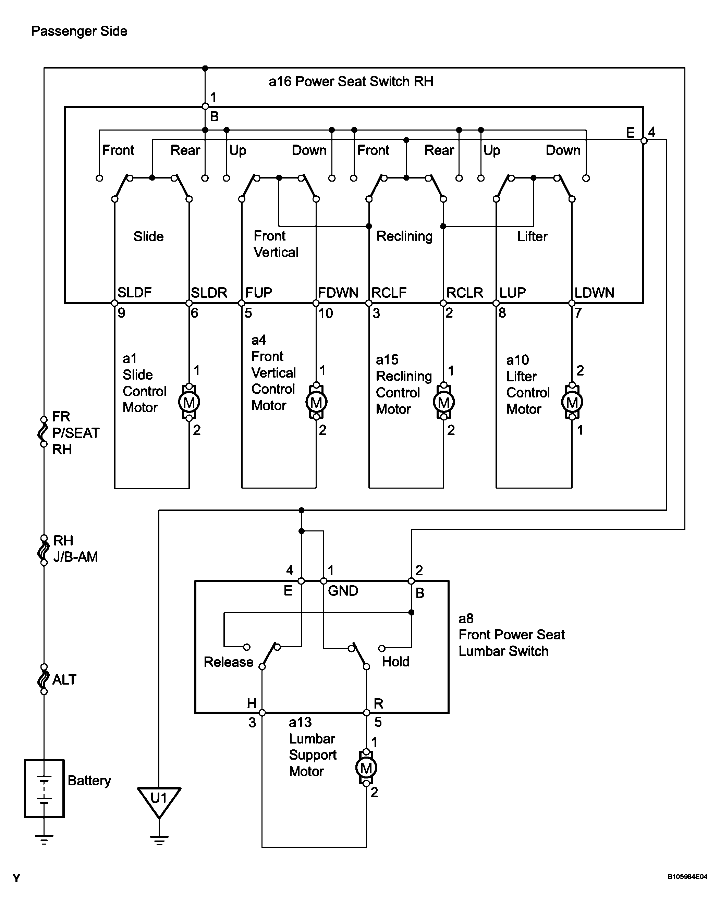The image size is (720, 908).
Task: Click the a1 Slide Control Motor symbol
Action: pyautogui.click(x=189, y=402)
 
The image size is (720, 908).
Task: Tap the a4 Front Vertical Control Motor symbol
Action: pyautogui.click(x=316, y=402)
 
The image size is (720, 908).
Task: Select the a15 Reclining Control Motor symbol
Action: pyautogui.click(x=444, y=402)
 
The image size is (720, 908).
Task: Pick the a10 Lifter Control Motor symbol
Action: pyautogui.click(x=572, y=402)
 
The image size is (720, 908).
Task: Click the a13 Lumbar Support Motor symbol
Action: pyautogui.click(x=366, y=768)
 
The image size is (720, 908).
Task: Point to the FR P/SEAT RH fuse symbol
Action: pyautogui.click(x=44, y=432)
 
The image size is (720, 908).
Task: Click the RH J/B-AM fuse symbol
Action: pyautogui.click(x=44, y=550)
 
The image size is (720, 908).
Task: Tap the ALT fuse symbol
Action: pyautogui.click(x=44, y=679)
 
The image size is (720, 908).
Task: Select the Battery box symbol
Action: pyautogui.click(x=44, y=788)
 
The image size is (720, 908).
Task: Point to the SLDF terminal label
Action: pyautogui.click(x=134, y=292)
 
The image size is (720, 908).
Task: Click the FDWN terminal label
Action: pyautogui.click(x=338, y=293)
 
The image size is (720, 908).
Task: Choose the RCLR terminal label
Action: pyautogui.click(x=465, y=293)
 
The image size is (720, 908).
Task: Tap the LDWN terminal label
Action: pyautogui.click(x=595, y=293)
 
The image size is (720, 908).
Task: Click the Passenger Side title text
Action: pyautogui.click(x=79, y=31)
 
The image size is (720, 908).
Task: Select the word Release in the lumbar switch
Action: pyautogui.click(x=228, y=662)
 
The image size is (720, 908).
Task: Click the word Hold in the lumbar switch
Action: pyautogui.click(x=395, y=662)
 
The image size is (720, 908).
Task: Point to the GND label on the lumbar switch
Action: pyautogui.click(x=343, y=591)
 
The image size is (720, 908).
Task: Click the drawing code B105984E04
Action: pyautogui.click(x=687, y=877)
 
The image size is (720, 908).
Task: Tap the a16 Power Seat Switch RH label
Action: pyautogui.click(x=351, y=81)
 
